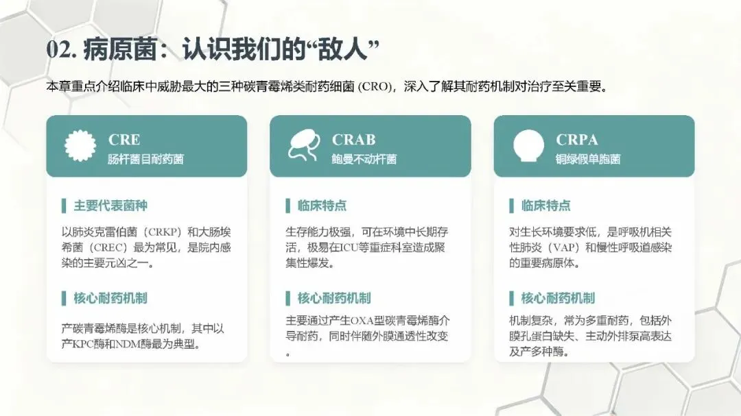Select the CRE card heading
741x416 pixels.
(x=124, y=139)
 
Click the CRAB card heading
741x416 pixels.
(x=353, y=139)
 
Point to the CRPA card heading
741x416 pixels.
(x=577, y=139)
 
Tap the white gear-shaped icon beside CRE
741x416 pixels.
(x=80, y=145)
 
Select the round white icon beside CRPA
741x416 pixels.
(x=528, y=145)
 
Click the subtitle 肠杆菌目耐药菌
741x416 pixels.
(x=145, y=159)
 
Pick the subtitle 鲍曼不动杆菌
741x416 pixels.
(x=364, y=159)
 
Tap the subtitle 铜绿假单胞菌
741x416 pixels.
(x=588, y=159)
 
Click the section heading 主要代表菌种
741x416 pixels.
(x=110, y=206)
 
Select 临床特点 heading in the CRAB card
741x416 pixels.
(x=322, y=206)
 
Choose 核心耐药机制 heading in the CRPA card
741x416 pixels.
(x=558, y=298)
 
